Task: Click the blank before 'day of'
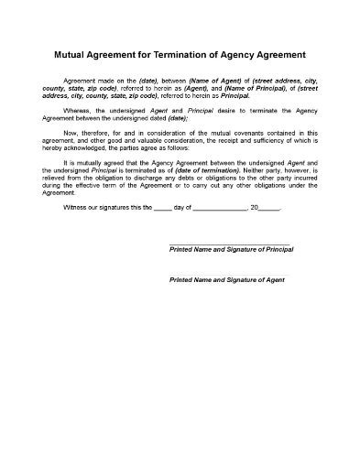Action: [162, 208]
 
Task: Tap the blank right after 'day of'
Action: [221, 208]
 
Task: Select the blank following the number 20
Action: [270, 208]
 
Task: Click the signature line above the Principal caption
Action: [229, 244]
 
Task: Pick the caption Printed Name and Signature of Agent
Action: [227, 278]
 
